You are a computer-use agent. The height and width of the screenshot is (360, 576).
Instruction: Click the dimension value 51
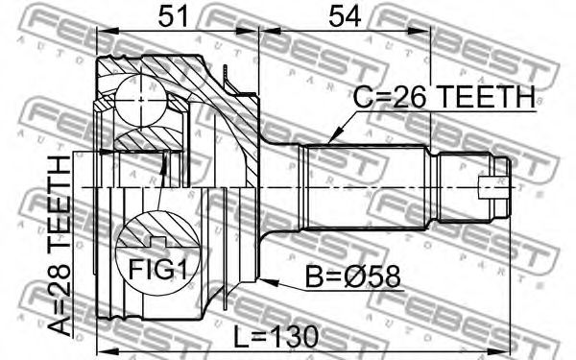tap(173, 16)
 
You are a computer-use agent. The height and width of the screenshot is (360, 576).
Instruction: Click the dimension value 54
tap(345, 16)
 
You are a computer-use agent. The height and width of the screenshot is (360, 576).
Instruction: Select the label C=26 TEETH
tap(444, 97)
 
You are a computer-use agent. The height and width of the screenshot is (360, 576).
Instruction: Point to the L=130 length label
tap(276, 337)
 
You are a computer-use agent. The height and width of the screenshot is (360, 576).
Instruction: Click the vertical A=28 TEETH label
tap(60, 246)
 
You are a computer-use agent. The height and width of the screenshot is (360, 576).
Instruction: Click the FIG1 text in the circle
tap(157, 270)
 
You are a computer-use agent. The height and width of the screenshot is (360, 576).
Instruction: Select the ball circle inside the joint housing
tap(140, 100)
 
